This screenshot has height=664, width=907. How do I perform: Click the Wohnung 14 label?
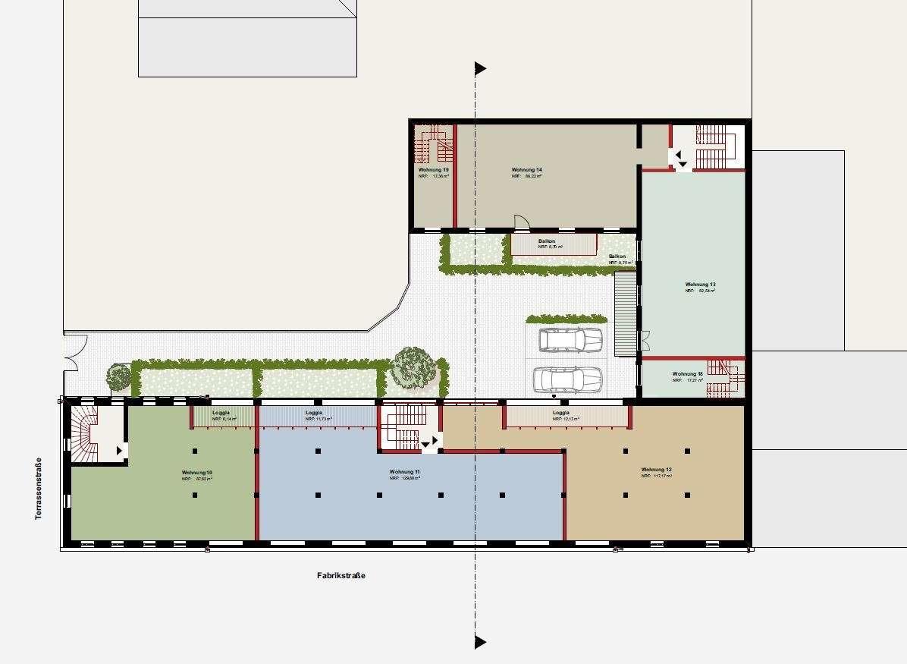click(526, 170)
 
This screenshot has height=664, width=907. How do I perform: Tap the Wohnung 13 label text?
click(700, 285)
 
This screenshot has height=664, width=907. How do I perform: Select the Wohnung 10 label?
click(196, 473)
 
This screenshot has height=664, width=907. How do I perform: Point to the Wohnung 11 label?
click(405, 472)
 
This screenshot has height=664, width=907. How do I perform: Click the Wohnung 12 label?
click(656, 470)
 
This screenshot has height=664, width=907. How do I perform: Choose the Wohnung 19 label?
click(433, 170)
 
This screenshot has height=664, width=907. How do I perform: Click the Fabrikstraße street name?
click(341, 576)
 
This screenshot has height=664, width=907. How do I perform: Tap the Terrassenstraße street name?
click(37, 489)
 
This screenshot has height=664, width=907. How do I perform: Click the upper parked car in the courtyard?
click(570, 340)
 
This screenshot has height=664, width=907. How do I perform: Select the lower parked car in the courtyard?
click(567, 379)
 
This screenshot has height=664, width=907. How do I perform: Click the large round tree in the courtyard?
click(413, 368)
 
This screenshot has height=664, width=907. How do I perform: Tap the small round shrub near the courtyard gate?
click(118, 376)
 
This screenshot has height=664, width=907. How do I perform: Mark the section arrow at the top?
click(480, 69)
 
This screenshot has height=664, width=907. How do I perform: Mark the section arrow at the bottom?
click(480, 642)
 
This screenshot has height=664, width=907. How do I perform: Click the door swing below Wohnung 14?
click(522, 222)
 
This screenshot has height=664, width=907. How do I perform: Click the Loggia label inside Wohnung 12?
click(561, 413)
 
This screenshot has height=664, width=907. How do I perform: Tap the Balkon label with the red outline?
click(547, 241)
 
